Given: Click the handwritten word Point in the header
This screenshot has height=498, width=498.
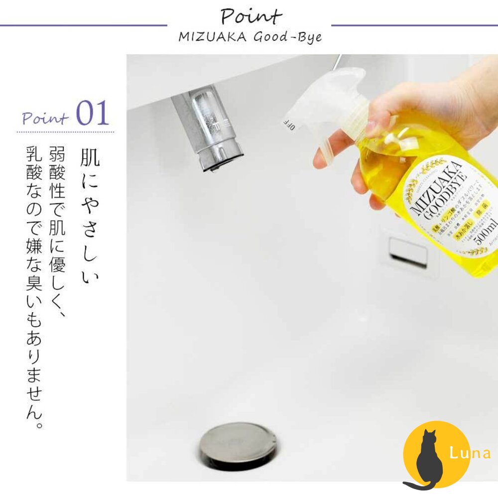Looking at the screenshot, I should pyautogui.click(x=251, y=16).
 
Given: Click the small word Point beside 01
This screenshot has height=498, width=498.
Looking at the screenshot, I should pyautogui.click(x=45, y=118).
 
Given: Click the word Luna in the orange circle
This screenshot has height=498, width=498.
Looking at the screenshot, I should pyautogui.click(x=470, y=453).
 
